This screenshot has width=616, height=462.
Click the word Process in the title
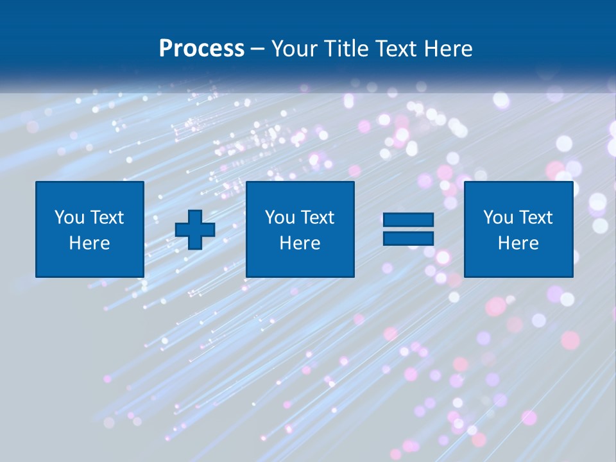pyautogui.click(x=201, y=48)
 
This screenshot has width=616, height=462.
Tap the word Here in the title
pyautogui.click(x=449, y=48)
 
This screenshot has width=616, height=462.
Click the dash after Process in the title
pyautogui.click(x=257, y=49)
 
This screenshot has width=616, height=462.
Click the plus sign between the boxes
pyautogui.click(x=195, y=229)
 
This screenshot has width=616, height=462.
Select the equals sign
pyautogui.click(x=408, y=229)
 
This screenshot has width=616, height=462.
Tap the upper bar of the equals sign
pyautogui.click(x=408, y=220)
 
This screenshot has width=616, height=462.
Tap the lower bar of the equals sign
pyautogui.click(x=408, y=238)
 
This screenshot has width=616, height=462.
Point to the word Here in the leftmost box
pyautogui.click(x=90, y=243)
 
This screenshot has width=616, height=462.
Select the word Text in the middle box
pyautogui.click(x=318, y=218)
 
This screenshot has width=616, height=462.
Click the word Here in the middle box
pyautogui.click(x=300, y=243)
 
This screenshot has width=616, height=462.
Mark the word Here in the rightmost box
pyautogui.click(x=518, y=243)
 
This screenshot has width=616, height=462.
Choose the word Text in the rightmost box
pyautogui.click(x=536, y=218)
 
